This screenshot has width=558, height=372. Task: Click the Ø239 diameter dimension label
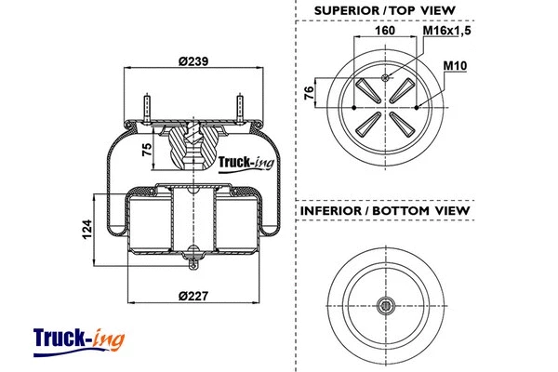point(193,60)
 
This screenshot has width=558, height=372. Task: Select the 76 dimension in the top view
point(311,93)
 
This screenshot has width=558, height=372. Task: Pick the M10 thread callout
point(454,66)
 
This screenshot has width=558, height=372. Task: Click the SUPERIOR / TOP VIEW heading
point(384,9)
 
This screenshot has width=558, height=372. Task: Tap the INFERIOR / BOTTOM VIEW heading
point(384,211)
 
